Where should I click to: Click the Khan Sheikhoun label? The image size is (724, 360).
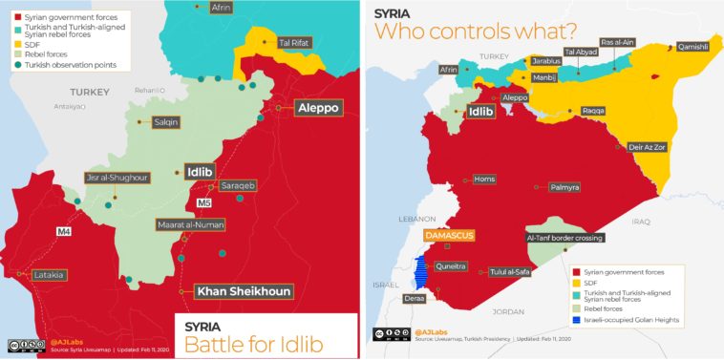click(244, 291)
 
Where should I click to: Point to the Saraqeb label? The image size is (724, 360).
click(237, 184)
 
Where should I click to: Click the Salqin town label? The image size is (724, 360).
click(164, 122)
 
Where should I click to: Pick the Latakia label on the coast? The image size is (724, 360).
click(49, 275)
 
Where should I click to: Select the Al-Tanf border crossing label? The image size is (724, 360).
click(564, 238)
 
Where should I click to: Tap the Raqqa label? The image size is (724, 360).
click(592, 112)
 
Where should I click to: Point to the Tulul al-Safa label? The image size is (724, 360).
click(509, 272)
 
